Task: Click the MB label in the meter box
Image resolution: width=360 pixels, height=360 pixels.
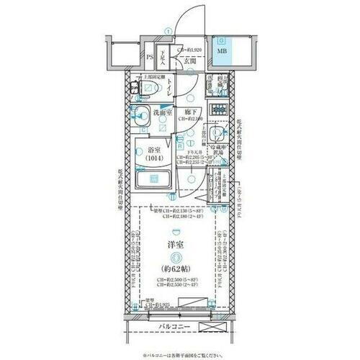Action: click(x=221, y=51)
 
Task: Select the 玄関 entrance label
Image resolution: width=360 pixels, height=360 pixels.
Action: click(x=179, y=61)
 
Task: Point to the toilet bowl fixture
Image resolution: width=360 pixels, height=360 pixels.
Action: click(x=146, y=89)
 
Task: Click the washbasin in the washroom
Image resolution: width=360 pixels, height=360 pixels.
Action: click(x=142, y=113)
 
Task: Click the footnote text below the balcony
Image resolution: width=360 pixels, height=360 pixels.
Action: click(x=180, y=354)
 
